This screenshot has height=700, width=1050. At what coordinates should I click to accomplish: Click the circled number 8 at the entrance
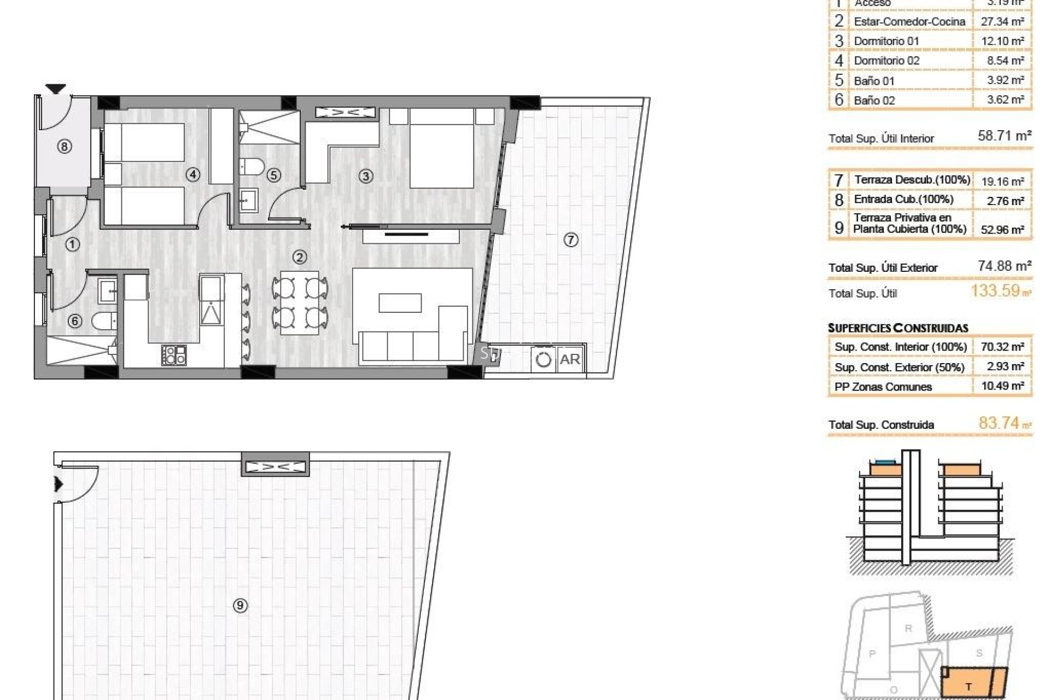65,147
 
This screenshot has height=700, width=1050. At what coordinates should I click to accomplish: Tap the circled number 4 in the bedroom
192,174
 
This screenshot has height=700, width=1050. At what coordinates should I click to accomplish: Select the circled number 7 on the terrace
570,240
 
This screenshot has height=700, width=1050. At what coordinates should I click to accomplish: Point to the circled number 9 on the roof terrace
240,605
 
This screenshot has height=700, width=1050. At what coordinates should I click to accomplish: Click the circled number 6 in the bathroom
75,321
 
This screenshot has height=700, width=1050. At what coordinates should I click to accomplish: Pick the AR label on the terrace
570,359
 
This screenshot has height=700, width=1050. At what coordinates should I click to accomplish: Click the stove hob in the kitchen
174,354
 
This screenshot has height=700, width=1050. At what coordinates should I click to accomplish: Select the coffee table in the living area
400,303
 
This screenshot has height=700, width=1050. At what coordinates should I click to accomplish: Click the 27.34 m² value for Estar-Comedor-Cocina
1002,21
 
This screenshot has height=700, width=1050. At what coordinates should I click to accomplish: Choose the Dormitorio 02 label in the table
886,61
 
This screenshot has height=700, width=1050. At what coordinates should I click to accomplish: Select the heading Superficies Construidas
898,328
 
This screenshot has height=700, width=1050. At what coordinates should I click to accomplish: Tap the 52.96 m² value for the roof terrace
1002,230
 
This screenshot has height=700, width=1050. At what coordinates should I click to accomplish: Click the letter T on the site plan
969,687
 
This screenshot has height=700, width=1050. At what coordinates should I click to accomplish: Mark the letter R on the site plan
908,628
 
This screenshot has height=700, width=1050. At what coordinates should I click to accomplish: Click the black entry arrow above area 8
55,89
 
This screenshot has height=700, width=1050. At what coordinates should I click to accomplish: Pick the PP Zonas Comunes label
883,387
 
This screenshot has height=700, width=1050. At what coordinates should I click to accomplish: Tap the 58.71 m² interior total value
1004,136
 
